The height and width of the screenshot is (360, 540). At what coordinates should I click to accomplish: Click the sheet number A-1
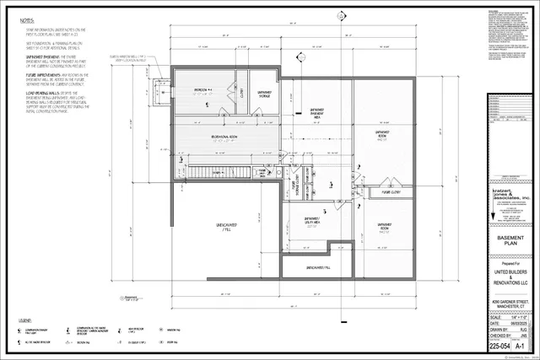click(521, 346)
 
